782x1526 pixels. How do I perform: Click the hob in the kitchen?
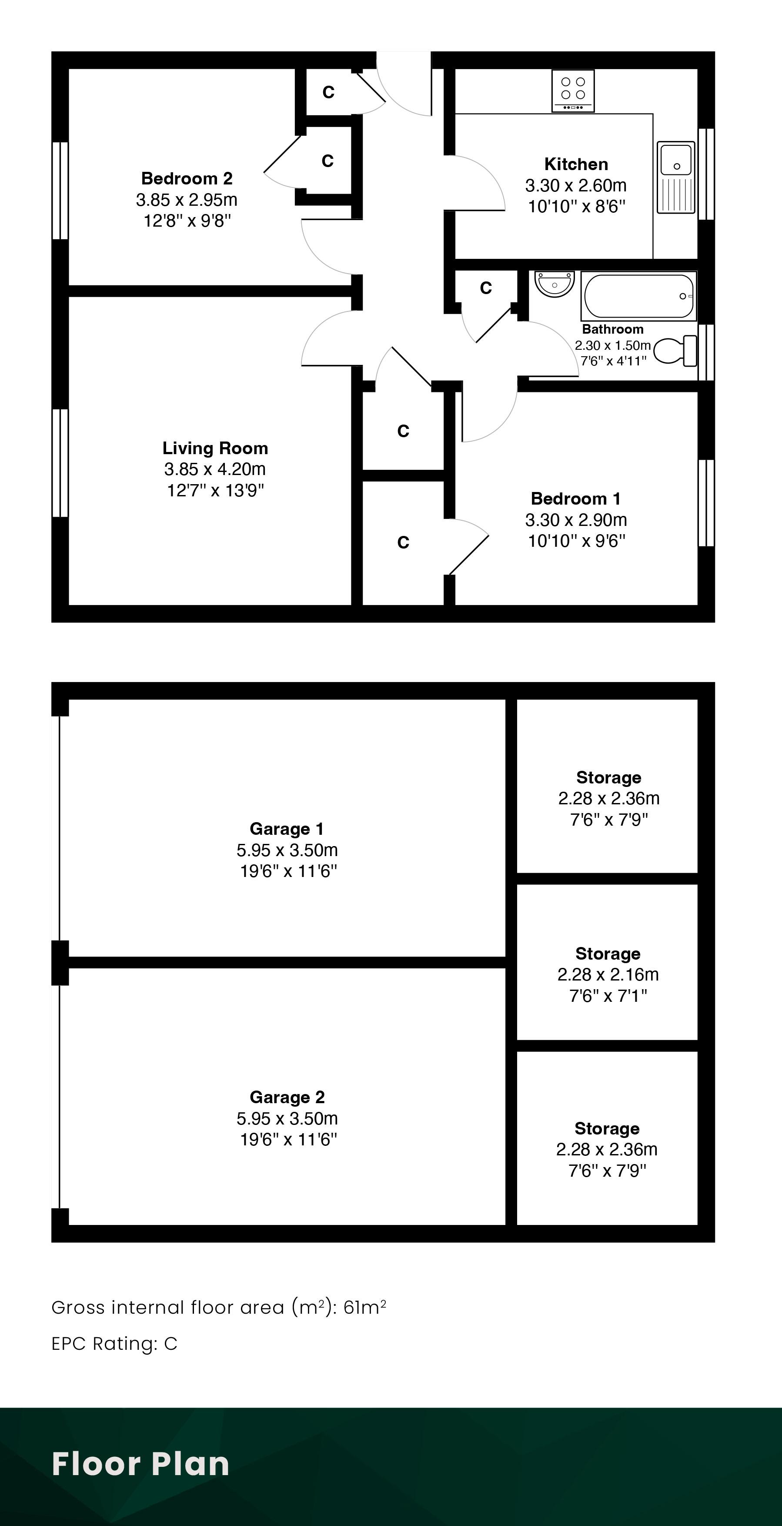572,90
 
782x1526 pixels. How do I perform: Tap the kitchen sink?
675,177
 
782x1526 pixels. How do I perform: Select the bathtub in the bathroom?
638,296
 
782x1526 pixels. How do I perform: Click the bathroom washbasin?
555,284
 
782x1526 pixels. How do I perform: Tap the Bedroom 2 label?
187,178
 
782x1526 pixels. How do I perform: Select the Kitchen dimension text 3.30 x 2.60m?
576,185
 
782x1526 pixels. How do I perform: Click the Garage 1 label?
287,829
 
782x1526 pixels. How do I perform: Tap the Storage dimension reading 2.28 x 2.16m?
608,974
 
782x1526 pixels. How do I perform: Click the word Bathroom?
612,329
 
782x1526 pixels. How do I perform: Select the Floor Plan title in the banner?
140,1464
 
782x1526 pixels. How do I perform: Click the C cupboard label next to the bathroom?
486,288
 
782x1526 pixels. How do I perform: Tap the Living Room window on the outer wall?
60,463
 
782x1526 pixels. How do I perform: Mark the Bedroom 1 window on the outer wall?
706,502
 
